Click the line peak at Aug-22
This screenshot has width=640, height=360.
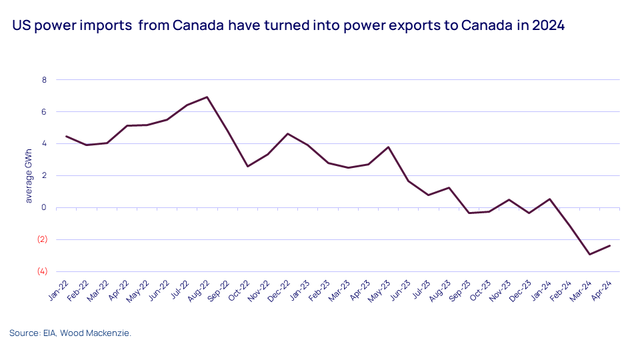tap(207, 97)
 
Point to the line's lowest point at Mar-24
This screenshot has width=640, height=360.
tap(589, 254)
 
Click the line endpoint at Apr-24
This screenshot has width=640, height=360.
tap(609, 245)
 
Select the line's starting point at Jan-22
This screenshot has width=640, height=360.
tap(66, 136)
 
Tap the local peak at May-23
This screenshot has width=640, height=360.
tap(389, 147)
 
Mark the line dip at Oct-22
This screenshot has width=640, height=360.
tap(247, 166)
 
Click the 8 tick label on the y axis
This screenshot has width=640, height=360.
tap(44, 80)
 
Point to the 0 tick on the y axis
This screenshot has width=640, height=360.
tap(44, 207)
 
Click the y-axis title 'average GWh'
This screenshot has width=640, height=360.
tap(29, 176)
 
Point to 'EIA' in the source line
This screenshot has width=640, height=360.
tap(49, 333)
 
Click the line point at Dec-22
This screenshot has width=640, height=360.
tap(287, 134)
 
